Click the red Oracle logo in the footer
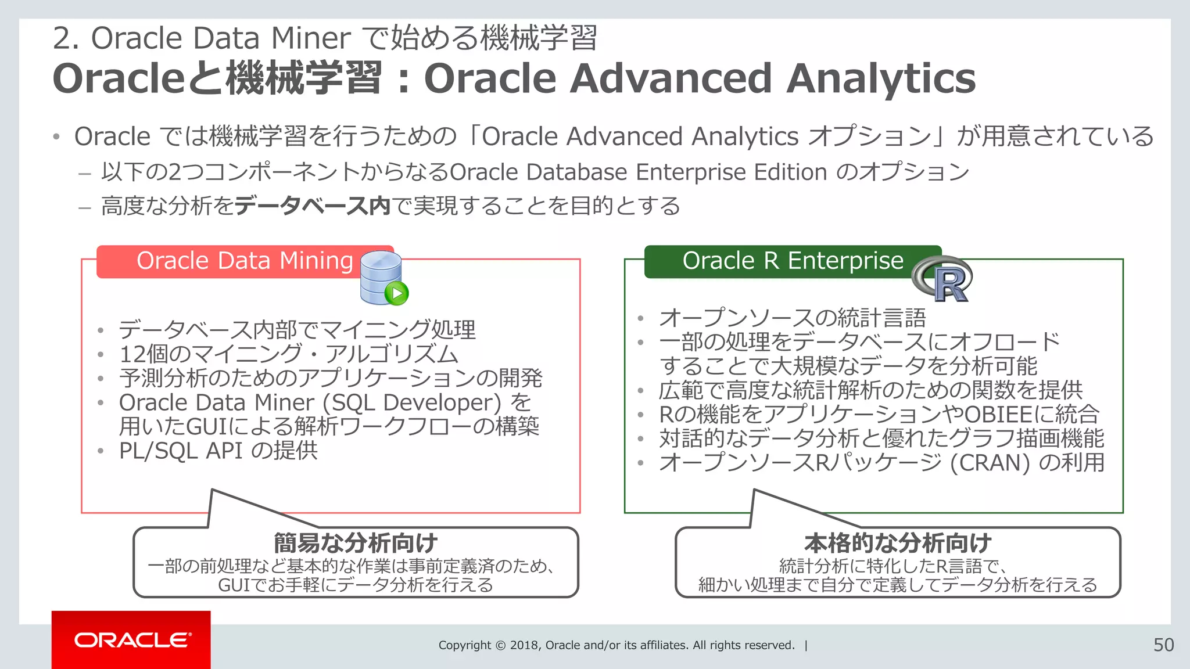coord(131,640)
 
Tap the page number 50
coord(1163,645)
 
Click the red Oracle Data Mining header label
coord(244,261)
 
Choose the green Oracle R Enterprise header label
coord(792,261)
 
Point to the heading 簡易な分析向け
coord(356,543)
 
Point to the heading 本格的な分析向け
coord(898,543)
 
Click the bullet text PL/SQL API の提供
coord(218,451)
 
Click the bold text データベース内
coord(312,206)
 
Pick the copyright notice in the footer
coord(616,645)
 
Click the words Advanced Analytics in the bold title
coord(773,78)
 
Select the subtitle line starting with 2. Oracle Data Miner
coord(324,38)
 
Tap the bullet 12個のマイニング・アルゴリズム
coord(288,354)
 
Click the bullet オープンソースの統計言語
coord(792,318)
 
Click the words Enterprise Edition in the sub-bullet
coord(732,172)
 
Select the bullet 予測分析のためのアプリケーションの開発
coord(330,379)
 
